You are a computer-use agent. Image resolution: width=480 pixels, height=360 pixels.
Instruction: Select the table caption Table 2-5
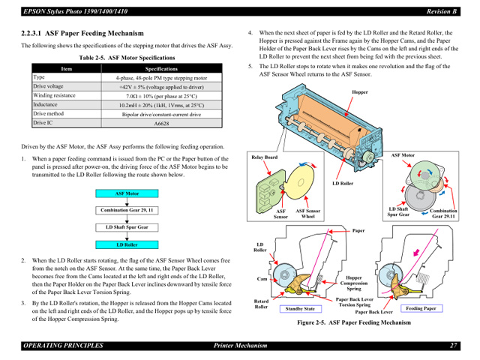(x=127, y=58)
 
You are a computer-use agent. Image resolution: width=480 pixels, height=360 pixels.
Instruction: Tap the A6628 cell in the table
(x=161, y=123)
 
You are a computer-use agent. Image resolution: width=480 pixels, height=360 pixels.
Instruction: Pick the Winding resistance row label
(x=54, y=95)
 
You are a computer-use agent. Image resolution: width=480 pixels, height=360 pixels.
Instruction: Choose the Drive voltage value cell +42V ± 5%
(x=161, y=87)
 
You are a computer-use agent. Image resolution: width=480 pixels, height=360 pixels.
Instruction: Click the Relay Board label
(x=264, y=157)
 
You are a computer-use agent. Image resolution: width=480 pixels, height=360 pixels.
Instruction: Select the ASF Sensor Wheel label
(x=307, y=214)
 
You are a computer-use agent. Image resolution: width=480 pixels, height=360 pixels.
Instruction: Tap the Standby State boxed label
(x=299, y=308)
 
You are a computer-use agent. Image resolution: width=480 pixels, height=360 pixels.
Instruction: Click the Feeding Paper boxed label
(x=421, y=308)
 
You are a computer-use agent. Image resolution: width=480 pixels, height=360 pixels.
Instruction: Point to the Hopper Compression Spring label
(x=353, y=283)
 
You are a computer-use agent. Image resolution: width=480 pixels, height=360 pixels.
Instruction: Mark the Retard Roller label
(x=261, y=303)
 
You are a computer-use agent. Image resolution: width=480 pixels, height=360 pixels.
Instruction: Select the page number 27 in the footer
(x=454, y=345)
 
